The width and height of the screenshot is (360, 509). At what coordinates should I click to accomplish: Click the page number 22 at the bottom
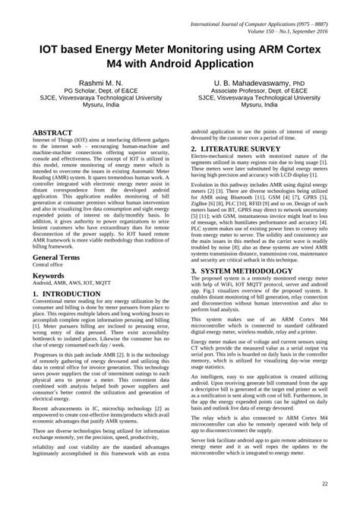tap(325, 483)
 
